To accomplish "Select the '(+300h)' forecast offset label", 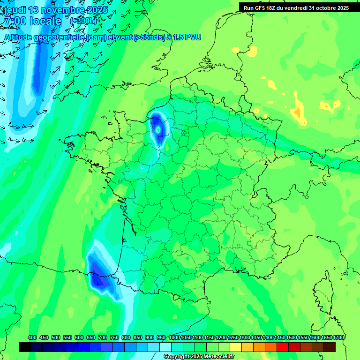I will pyautogui.click(x=83, y=21).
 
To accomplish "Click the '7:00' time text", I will pyautogui.click(x=14, y=22).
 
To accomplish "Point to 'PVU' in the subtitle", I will pyautogui.click(x=192, y=37).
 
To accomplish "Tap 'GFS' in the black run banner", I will pyautogui.click(x=262, y=8).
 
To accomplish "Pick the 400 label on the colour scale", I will pyautogui.click(x=32, y=338).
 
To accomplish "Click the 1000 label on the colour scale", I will pyautogui.click(x=174, y=338).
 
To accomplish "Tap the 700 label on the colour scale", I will pyautogui.click(x=103, y=338).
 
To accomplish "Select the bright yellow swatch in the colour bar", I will pyautogui.click(x=236, y=347).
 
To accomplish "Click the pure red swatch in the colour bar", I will pyautogui.click(x=283, y=347).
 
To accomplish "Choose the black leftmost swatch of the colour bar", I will pyautogui.click(x=25, y=347).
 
